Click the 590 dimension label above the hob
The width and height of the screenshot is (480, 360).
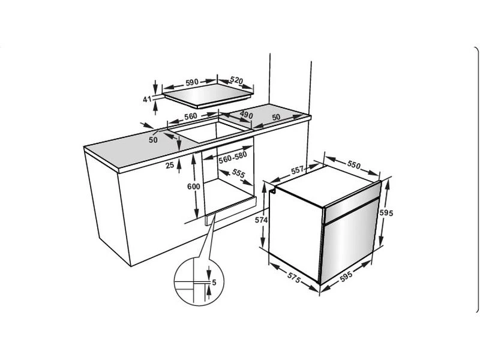[x=192, y=82]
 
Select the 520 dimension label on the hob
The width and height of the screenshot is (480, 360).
[x=236, y=80]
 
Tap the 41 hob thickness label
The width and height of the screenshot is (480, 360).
[x=147, y=99]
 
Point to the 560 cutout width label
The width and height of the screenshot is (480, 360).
[x=190, y=116]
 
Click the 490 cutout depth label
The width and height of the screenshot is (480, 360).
[x=247, y=115]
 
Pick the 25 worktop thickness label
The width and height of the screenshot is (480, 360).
[x=170, y=166]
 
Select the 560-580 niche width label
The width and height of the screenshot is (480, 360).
[x=233, y=157]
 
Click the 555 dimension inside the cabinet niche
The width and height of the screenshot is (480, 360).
[x=238, y=173]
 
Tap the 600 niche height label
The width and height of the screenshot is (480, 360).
[x=193, y=187]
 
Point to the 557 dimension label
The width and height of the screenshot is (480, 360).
[x=297, y=170]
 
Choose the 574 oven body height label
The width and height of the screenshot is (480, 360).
[x=261, y=220]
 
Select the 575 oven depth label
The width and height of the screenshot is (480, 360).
[x=294, y=277]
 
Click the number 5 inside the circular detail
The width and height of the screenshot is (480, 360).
[x=214, y=282]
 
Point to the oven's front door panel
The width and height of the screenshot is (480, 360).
[x=348, y=241]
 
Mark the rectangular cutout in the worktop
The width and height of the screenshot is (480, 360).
[x=211, y=131]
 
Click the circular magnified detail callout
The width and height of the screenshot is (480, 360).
[x=199, y=281]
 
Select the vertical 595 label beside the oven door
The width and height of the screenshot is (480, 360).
[x=386, y=212]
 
